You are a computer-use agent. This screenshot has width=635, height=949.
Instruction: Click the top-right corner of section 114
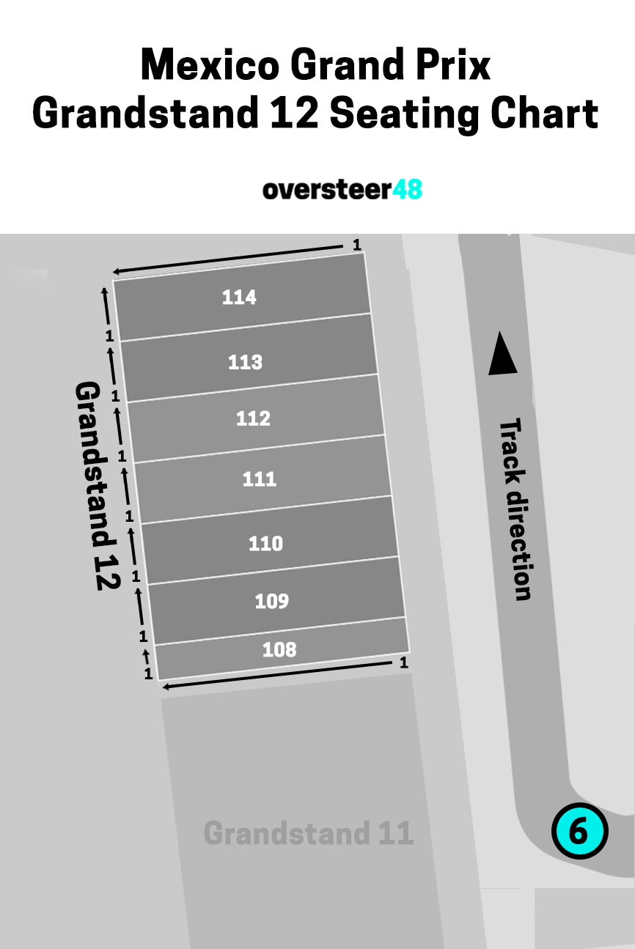pyautogui.click(x=364, y=253)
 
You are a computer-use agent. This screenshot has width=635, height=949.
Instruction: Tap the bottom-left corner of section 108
pyautogui.click(x=158, y=679)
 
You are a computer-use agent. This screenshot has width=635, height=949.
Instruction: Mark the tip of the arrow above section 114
pyautogui.click(x=114, y=272)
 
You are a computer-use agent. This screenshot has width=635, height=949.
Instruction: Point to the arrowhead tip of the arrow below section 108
pyautogui.click(x=163, y=687)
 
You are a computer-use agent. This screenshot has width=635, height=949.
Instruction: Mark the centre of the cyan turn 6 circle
pyautogui.click(x=579, y=831)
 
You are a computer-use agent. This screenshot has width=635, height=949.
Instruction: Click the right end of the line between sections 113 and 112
pyautogui.click(x=378, y=374)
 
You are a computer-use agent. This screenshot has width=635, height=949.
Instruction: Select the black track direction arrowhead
pyautogui.click(x=502, y=353)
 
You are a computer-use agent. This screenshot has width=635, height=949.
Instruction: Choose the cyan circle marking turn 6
pyautogui.click(x=579, y=831)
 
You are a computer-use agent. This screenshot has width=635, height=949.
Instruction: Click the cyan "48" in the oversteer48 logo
pyautogui.click(x=407, y=189)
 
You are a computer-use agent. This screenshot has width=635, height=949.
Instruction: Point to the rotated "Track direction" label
pyautogui.click(x=515, y=509)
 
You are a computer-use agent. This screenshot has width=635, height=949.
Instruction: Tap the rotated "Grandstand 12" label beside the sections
pyautogui.click(x=98, y=486)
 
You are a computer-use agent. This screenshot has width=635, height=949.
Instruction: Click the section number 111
pyautogui.click(x=260, y=479)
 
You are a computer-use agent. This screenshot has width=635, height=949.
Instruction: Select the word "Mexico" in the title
pyautogui.click(x=210, y=64)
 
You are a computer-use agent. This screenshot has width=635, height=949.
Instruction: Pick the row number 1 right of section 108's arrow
pyautogui.click(x=403, y=662)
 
